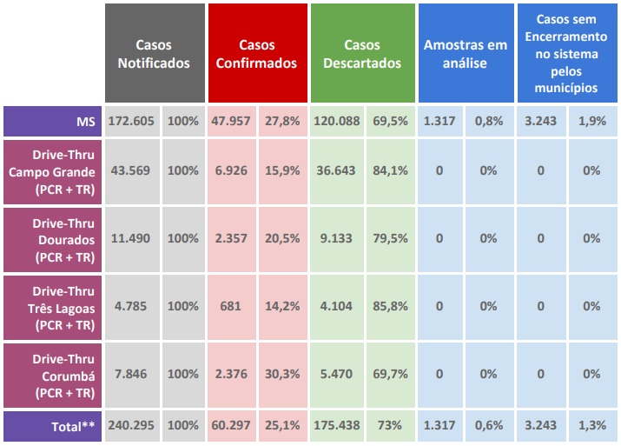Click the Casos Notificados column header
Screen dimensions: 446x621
click(x=154, y=53)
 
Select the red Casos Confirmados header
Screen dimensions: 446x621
click(x=257, y=53)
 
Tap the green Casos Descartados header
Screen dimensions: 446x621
click(x=361, y=53)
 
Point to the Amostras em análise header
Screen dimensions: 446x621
click(x=465, y=53)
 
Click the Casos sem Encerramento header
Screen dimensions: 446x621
click(x=566, y=53)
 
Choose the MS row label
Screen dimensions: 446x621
click(x=51, y=121)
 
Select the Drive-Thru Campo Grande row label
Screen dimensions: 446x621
click(x=51, y=170)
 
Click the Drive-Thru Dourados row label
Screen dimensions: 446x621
click(x=51, y=238)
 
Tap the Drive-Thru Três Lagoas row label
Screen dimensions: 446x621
click(x=51, y=306)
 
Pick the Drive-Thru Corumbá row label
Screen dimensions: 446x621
click(x=51, y=374)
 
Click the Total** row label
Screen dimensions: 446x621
click(x=51, y=427)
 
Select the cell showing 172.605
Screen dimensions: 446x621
click(x=131, y=121)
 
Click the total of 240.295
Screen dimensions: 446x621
click(x=131, y=427)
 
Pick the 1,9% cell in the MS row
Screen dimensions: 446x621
click(x=591, y=121)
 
